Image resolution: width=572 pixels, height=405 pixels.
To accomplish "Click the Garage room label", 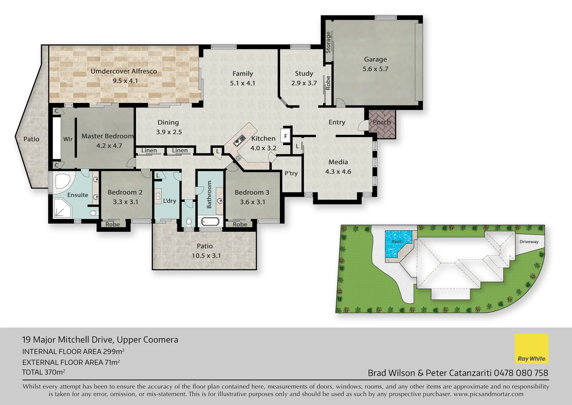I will pos(375,59).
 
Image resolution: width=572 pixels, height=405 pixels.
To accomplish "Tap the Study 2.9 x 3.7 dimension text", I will pos(304,83).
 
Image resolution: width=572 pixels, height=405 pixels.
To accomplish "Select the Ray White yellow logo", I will pos(531,349).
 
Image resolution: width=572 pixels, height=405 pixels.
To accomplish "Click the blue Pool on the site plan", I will pos(398,244).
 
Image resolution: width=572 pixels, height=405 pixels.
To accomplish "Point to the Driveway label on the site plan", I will pos(529,242).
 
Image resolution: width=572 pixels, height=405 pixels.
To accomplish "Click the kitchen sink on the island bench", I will pos(239,141).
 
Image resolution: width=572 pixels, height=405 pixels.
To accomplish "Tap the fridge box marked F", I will pos(286,136).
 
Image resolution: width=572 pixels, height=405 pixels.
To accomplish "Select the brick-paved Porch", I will pos(382,124).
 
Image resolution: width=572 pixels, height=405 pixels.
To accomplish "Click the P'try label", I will pos(291,173).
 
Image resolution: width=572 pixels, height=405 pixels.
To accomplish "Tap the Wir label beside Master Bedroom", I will pos(68,139).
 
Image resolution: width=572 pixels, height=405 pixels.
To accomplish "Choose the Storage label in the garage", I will pos(328,42).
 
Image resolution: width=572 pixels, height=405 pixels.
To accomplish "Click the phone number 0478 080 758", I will pos(521,373).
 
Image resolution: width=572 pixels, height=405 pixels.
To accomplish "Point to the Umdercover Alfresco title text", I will pos(124,71).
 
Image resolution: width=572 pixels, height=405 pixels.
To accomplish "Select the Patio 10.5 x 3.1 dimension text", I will pos(206,256).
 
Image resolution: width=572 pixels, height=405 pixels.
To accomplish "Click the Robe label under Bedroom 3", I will pos(240,224).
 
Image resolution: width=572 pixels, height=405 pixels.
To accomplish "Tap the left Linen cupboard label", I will pos(149,150).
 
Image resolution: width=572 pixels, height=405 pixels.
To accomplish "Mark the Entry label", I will pos(337,122).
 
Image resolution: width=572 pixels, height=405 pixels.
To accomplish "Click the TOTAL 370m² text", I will pos(43,372).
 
